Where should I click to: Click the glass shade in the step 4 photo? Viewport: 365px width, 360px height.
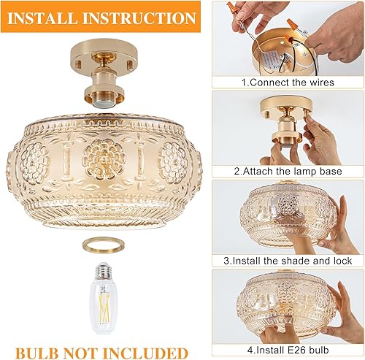[281, 303]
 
